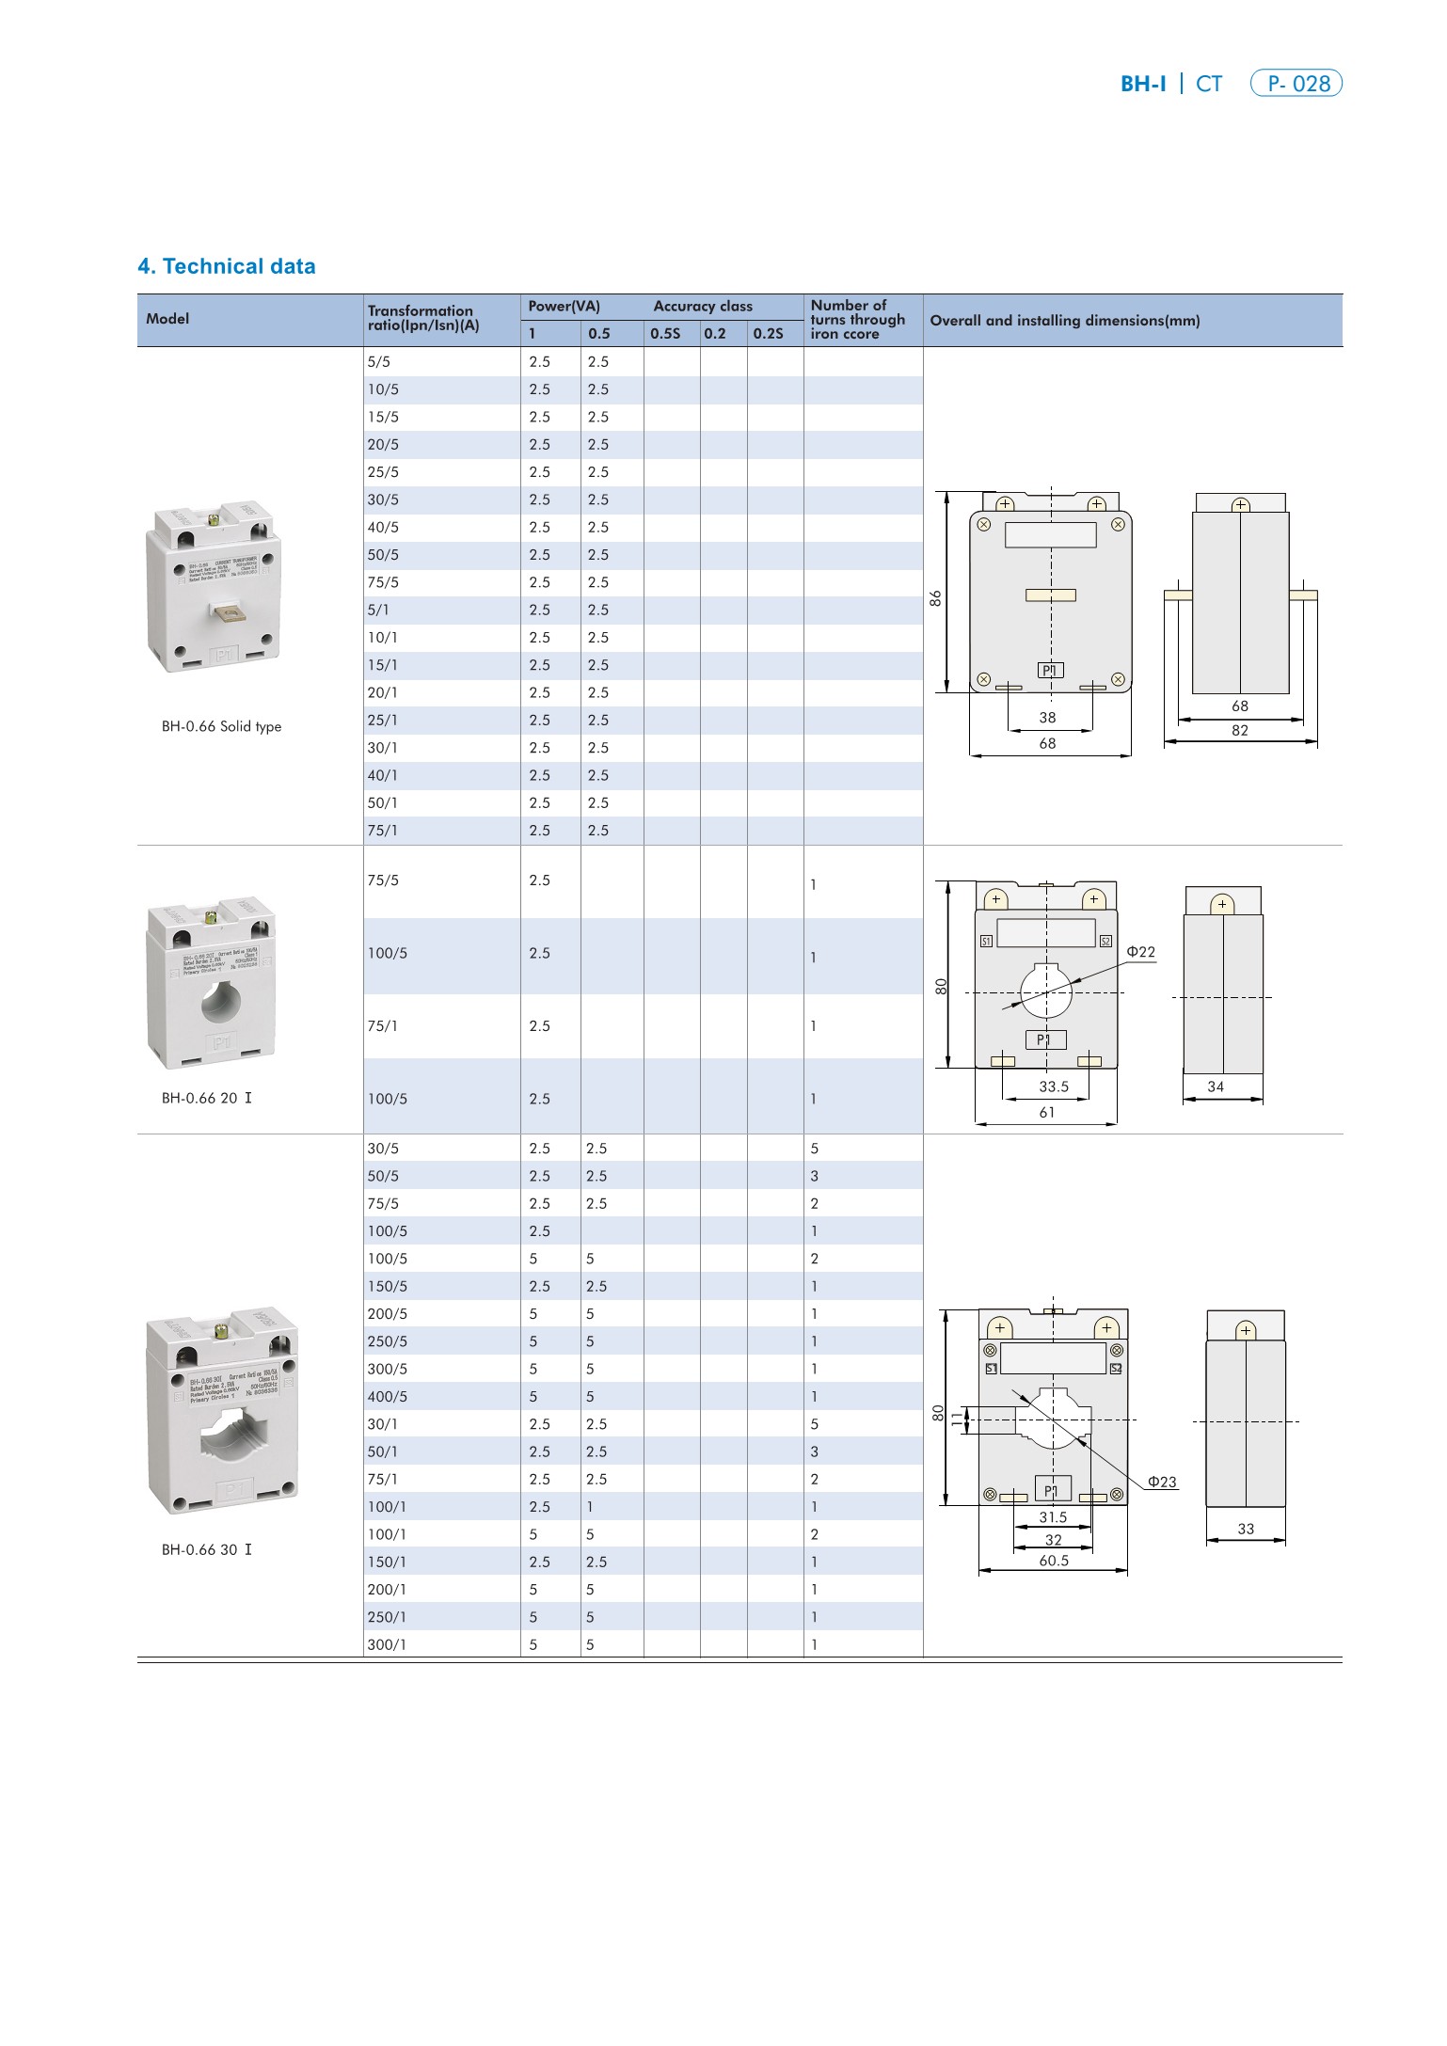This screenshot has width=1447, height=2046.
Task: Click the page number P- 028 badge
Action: (x=1296, y=84)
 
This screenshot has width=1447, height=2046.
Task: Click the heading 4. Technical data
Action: (x=226, y=266)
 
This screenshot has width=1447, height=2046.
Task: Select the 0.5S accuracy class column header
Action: (x=665, y=333)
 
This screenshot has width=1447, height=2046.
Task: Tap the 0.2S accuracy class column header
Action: (x=768, y=333)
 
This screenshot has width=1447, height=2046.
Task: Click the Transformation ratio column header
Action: (x=423, y=318)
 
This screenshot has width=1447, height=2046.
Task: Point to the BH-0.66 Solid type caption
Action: (x=221, y=726)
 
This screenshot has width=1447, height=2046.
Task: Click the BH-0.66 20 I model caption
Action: (x=207, y=1098)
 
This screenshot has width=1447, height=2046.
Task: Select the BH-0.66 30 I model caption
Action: (x=207, y=1549)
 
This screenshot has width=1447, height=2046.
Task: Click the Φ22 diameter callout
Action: (x=1140, y=952)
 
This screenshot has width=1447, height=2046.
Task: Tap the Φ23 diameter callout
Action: (x=1162, y=1482)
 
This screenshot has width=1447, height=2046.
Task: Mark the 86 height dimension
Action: (x=935, y=598)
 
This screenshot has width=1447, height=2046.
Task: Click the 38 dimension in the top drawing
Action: (x=1047, y=718)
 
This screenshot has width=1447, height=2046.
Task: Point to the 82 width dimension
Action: (x=1240, y=730)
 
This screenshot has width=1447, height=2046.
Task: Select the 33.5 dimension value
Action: (x=1054, y=1086)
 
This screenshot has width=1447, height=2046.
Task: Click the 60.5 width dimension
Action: (x=1054, y=1561)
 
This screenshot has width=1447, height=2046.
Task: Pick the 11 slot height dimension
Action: (x=958, y=1420)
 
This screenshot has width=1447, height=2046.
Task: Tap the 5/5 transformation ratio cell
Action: (x=378, y=362)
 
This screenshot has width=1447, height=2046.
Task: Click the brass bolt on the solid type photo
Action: (x=214, y=519)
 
